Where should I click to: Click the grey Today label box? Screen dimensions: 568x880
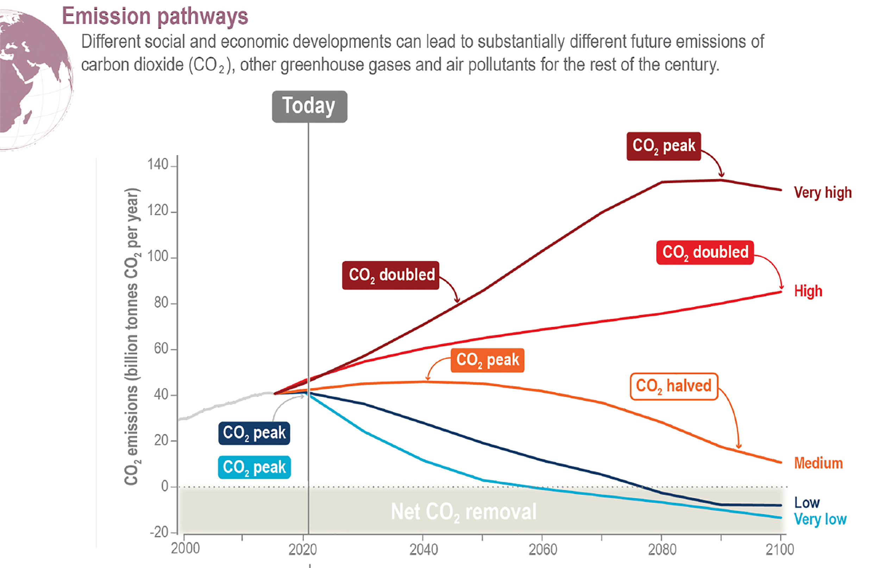(309, 106)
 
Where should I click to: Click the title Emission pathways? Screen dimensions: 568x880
(155, 16)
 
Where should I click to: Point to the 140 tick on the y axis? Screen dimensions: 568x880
(158, 164)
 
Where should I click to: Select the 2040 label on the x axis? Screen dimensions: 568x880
(423, 550)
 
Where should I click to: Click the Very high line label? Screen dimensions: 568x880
(823, 193)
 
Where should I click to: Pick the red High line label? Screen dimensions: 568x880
(808, 291)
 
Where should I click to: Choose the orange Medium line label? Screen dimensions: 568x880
(818, 463)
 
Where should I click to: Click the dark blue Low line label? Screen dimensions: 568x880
(807, 503)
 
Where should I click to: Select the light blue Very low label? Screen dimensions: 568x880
(820, 519)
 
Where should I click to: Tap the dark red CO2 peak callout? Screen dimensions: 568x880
(664, 146)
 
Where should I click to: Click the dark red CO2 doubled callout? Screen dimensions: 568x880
(391, 275)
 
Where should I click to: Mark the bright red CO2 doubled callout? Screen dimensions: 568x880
(705, 252)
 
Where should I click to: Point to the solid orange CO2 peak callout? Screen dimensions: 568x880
(488, 360)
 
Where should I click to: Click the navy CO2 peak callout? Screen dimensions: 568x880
(254, 433)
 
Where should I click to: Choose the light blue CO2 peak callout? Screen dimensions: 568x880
(254, 467)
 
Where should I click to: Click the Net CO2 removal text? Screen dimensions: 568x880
(464, 512)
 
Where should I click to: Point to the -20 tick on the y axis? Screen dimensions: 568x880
(159, 532)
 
